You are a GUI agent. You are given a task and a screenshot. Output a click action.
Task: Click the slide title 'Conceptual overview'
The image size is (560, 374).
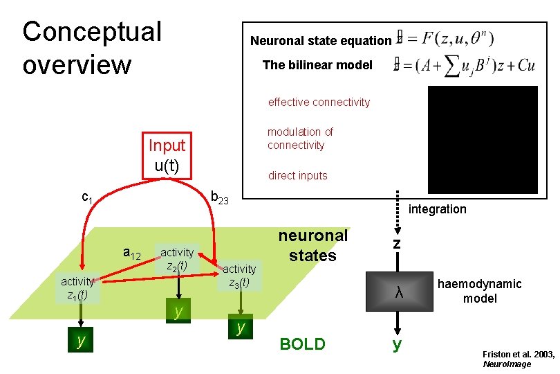click(x=91, y=48)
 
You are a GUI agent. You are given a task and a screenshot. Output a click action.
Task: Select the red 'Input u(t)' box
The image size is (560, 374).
click(x=167, y=155)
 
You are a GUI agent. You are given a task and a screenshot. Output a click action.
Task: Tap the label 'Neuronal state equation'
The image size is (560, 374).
click(x=320, y=40)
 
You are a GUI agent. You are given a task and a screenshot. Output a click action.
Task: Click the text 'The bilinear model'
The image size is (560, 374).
click(x=317, y=65)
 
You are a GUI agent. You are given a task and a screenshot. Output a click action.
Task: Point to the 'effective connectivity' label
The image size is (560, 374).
click(x=319, y=103)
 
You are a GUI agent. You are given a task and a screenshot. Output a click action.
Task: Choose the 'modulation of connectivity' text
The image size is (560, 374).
click(x=300, y=139)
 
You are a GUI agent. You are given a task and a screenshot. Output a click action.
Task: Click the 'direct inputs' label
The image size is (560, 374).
click(x=297, y=176)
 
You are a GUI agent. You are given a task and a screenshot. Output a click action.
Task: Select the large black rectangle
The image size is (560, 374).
click(x=483, y=139)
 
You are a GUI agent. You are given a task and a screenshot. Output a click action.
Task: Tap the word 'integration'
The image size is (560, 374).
click(x=438, y=209)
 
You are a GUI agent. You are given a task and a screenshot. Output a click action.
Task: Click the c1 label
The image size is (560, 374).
click(x=87, y=197)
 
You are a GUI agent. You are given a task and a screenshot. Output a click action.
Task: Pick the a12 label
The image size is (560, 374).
click(x=132, y=254)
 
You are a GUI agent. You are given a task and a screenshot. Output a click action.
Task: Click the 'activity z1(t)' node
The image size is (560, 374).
click(x=77, y=287)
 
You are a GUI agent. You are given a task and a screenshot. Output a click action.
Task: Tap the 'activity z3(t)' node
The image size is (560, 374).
click(x=239, y=276)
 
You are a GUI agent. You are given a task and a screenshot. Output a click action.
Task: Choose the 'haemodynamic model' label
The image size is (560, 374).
click(x=479, y=291)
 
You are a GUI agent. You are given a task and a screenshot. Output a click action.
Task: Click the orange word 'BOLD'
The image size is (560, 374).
click(x=301, y=344)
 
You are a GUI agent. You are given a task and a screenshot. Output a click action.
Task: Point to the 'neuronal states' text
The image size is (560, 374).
click(x=312, y=245)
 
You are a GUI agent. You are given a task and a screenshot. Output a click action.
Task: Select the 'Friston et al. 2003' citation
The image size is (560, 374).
click(x=518, y=358)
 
